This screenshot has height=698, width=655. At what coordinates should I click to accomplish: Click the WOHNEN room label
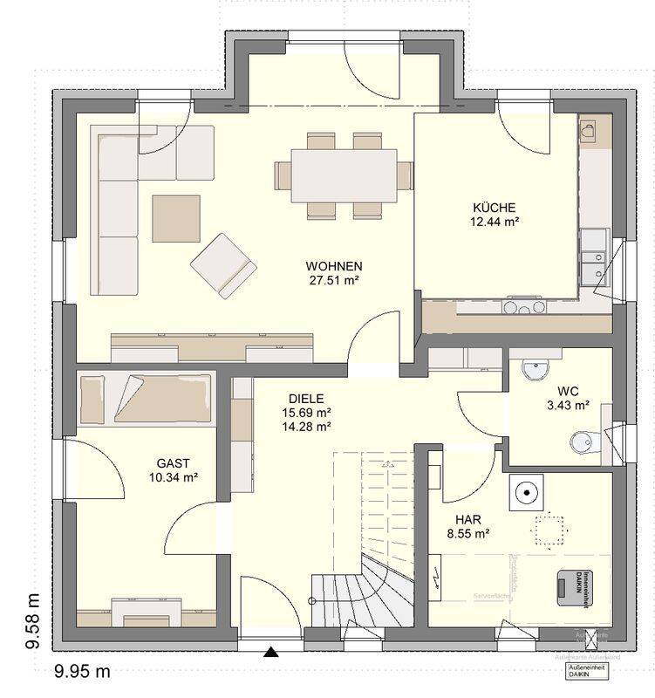point(333,265)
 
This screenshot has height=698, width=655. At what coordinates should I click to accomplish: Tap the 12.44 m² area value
point(495,222)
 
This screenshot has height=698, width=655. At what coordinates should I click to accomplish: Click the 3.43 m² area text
point(568,406)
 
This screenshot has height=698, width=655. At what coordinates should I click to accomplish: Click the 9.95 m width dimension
point(82,671)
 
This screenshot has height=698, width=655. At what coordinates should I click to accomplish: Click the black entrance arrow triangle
point(271,651)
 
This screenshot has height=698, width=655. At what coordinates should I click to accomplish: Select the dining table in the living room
point(344,174)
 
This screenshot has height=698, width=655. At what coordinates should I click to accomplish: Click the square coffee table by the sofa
point(176,218)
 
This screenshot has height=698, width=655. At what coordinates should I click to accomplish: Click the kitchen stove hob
point(523,306)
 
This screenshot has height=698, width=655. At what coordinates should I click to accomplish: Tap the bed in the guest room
point(146,398)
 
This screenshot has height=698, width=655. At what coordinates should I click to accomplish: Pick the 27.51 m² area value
point(334,280)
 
